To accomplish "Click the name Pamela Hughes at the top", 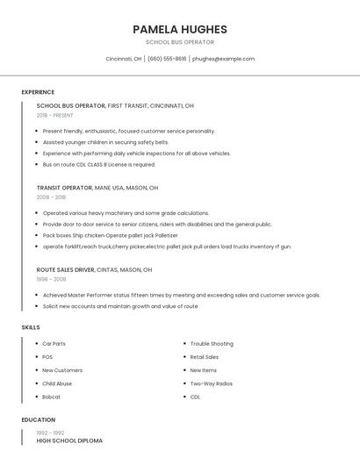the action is (x=179, y=29).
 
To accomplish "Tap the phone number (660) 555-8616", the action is (x=167, y=59).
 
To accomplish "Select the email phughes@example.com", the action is (x=223, y=59).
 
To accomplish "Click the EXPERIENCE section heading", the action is (x=38, y=92).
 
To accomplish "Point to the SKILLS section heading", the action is (x=31, y=327).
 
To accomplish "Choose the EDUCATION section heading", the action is (x=39, y=419).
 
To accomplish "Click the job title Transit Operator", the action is (x=64, y=188).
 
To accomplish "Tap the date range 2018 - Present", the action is (x=55, y=115).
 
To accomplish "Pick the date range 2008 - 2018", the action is (x=51, y=197).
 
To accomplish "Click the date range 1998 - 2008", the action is (x=51, y=279).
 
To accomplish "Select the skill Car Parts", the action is (x=54, y=344).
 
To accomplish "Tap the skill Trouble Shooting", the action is (x=212, y=344).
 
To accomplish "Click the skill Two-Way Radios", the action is (x=211, y=383).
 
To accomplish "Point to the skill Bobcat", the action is (x=51, y=397).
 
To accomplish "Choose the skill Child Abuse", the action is (x=57, y=383).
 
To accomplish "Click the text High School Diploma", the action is (x=69, y=440).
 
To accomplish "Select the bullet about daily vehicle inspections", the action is (x=136, y=154).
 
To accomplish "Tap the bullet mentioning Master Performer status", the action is (x=181, y=296).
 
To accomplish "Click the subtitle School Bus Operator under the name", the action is (x=179, y=42).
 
